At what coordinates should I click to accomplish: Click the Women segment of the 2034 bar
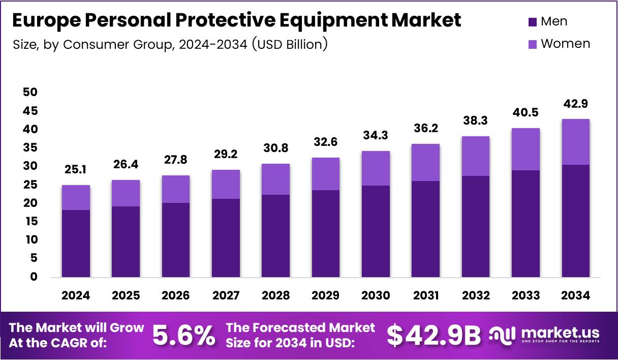pyautogui.click(x=576, y=142)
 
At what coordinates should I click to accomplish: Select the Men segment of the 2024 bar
pyautogui.click(x=76, y=243)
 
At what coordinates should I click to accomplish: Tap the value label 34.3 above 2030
pyautogui.click(x=376, y=136)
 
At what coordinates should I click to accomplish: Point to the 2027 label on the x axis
pyautogui.click(x=226, y=295)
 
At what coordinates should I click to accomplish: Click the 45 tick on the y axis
pyautogui.click(x=30, y=111)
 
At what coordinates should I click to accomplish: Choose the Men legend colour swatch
pyautogui.click(x=532, y=22)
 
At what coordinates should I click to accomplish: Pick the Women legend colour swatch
pyautogui.click(x=532, y=44)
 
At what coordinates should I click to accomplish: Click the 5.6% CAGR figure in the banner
pyautogui.click(x=183, y=335)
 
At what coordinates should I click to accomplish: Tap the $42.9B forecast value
pyautogui.click(x=433, y=335)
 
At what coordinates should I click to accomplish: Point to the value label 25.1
pyautogui.click(x=76, y=170)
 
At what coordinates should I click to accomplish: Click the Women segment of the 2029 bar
pyautogui.click(x=326, y=174)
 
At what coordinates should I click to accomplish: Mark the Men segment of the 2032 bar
pyautogui.click(x=476, y=226)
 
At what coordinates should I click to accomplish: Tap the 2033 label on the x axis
pyautogui.click(x=526, y=295)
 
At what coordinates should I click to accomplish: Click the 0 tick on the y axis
pyautogui.click(x=33, y=277)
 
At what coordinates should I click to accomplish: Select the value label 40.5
pyautogui.click(x=526, y=113)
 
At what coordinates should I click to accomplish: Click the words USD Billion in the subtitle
pyautogui.click(x=291, y=44)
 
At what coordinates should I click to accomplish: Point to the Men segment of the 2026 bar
pyautogui.click(x=176, y=239)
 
